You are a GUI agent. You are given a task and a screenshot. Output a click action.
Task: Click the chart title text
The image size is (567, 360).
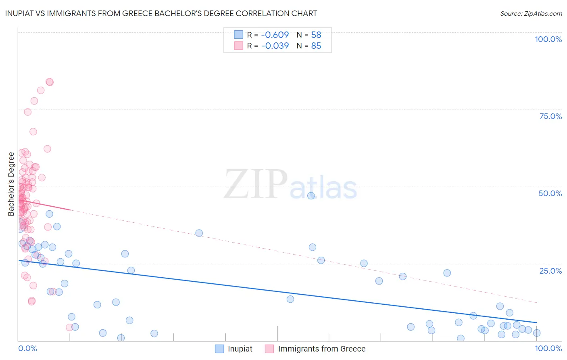[x=161, y=13]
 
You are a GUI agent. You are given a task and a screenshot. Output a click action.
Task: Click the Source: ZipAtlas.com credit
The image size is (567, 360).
[x=531, y=14]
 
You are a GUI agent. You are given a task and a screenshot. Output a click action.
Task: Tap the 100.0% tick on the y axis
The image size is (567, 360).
[x=548, y=39]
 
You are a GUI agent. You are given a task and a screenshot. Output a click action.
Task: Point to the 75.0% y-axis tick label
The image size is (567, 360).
[x=550, y=116]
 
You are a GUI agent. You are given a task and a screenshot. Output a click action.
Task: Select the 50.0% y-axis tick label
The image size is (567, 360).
[x=550, y=193]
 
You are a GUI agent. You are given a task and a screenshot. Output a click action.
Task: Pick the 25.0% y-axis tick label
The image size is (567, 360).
[x=550, y=271]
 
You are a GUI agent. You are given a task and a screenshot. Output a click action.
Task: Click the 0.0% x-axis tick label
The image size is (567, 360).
[x=27, y=348]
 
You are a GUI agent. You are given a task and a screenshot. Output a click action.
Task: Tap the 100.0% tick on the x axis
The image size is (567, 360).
[x=548, y=348]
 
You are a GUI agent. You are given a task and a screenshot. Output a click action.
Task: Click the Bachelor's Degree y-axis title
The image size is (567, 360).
[x=11, y=184]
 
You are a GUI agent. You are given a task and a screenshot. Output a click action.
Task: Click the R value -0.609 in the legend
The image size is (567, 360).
[x=275, y=35]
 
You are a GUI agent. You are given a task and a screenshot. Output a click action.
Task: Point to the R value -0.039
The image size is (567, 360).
[x=275, y=46]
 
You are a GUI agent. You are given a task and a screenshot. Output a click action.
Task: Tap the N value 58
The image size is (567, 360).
[x=316, y=35]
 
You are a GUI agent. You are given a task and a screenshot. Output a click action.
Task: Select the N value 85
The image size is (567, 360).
[x=316, y=46]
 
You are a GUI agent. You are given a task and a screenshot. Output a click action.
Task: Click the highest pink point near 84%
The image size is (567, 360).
[x=50, y=82]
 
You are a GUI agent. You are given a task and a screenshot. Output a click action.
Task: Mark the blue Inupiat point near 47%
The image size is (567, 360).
[x=311, y=196]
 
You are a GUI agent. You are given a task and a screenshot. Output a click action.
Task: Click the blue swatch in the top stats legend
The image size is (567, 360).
[x=239, y=35]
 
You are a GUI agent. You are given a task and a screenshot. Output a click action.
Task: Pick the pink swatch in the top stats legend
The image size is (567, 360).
[x=239, y=46]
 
